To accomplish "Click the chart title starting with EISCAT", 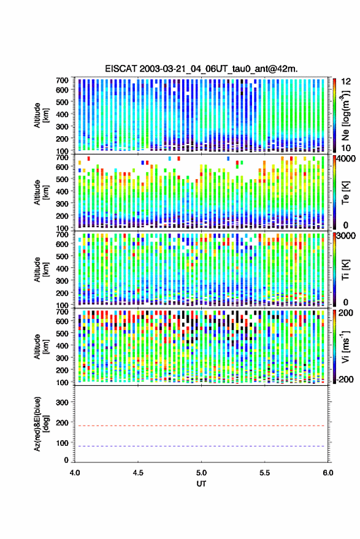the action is [x=201, y=69].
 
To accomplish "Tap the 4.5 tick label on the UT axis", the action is [x=138, y=473].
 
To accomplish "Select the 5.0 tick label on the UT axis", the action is [x=201, y=473].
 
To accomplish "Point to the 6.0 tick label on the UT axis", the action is [x=328, y=473].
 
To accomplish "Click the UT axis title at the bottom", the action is [x=201, y=484].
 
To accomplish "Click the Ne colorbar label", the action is [x=345, y=115].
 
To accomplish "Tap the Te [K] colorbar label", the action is [x=345, y=193].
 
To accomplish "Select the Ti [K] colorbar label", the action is [x=345, y=270].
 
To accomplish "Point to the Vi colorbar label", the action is [x=345, y=346].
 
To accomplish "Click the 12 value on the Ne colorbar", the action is [x=346, y=82].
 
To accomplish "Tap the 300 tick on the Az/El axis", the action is [x=62, y=402].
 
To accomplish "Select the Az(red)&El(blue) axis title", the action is [x=40, y=424].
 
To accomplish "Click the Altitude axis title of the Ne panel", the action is [x=40, y=115].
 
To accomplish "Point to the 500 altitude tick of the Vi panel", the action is [x=62, y=333].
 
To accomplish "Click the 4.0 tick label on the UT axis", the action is [x=75, y=473].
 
